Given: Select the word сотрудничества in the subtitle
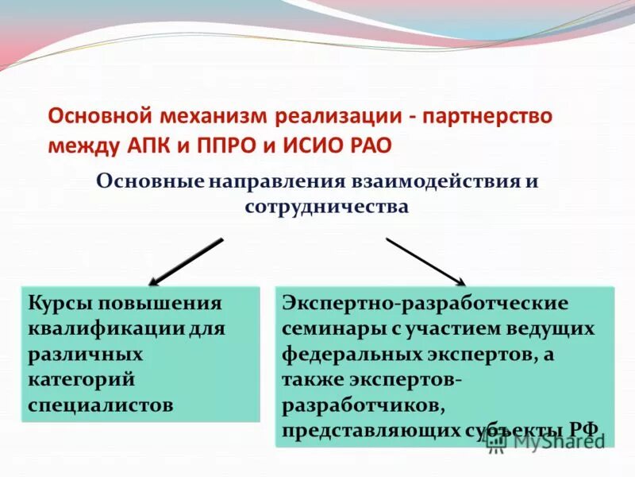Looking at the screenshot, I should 326,207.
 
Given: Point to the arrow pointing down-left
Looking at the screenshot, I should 186,262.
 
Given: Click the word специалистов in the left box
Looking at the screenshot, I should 101,403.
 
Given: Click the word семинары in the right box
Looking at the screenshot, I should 329,328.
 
